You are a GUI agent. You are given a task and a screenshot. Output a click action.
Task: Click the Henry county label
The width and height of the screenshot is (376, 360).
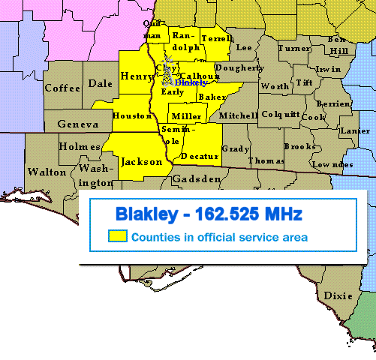click(x=137, y=76)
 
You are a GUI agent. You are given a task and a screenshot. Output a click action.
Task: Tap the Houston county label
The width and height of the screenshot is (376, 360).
click(x=132, y=115)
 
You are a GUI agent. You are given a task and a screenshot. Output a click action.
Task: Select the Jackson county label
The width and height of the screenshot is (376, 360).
click(x=141, y=161)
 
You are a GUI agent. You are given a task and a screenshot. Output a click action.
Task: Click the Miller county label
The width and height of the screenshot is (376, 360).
click(x=186, y=116)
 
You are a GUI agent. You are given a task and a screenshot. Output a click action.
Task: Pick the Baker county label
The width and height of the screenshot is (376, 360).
click(x=212, y=97)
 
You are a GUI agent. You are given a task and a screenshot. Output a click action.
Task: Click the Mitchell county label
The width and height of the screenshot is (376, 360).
click(x=239, y=115)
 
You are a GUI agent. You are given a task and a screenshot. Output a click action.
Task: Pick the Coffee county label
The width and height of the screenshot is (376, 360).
click(x=62, y=88)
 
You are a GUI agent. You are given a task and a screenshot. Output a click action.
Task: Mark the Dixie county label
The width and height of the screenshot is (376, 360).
click(x=338, y=295)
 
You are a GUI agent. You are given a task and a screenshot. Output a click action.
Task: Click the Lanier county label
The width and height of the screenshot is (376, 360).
click(x=354, y=130)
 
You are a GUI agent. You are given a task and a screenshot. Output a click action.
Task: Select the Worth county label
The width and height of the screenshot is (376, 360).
click(x=275, y=86)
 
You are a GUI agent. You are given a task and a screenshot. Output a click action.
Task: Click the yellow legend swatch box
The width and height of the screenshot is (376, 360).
click(x=116, y=237)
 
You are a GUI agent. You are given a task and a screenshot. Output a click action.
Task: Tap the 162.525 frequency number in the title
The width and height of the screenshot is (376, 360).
click(x=232, y=214)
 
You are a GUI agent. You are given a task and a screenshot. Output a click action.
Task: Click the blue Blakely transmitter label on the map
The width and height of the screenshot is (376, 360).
click(x=190, y=82)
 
